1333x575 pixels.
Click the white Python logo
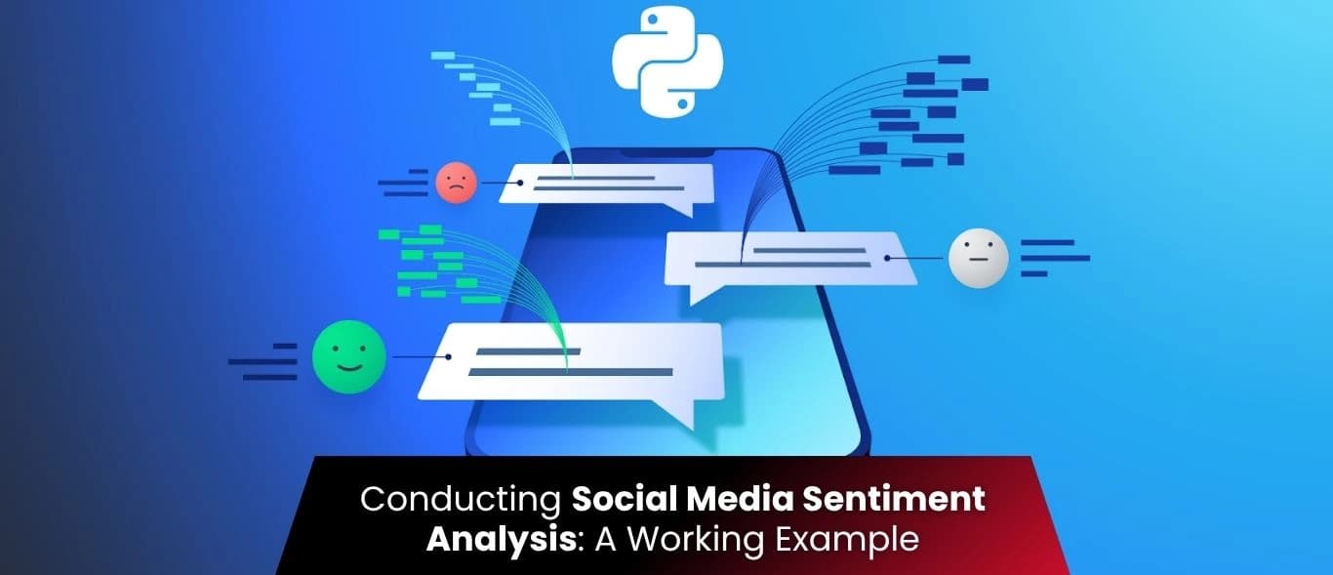[x=668, y=63]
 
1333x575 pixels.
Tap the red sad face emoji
[x=456, y=182]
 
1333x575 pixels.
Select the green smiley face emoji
[x=348, y=357]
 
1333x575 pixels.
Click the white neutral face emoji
[x=978, y=258]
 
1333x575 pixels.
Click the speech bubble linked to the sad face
[x=607, y=184]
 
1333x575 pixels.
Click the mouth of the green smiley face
[x=348, y=368]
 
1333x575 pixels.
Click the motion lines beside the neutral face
[x=1052, y=258]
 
